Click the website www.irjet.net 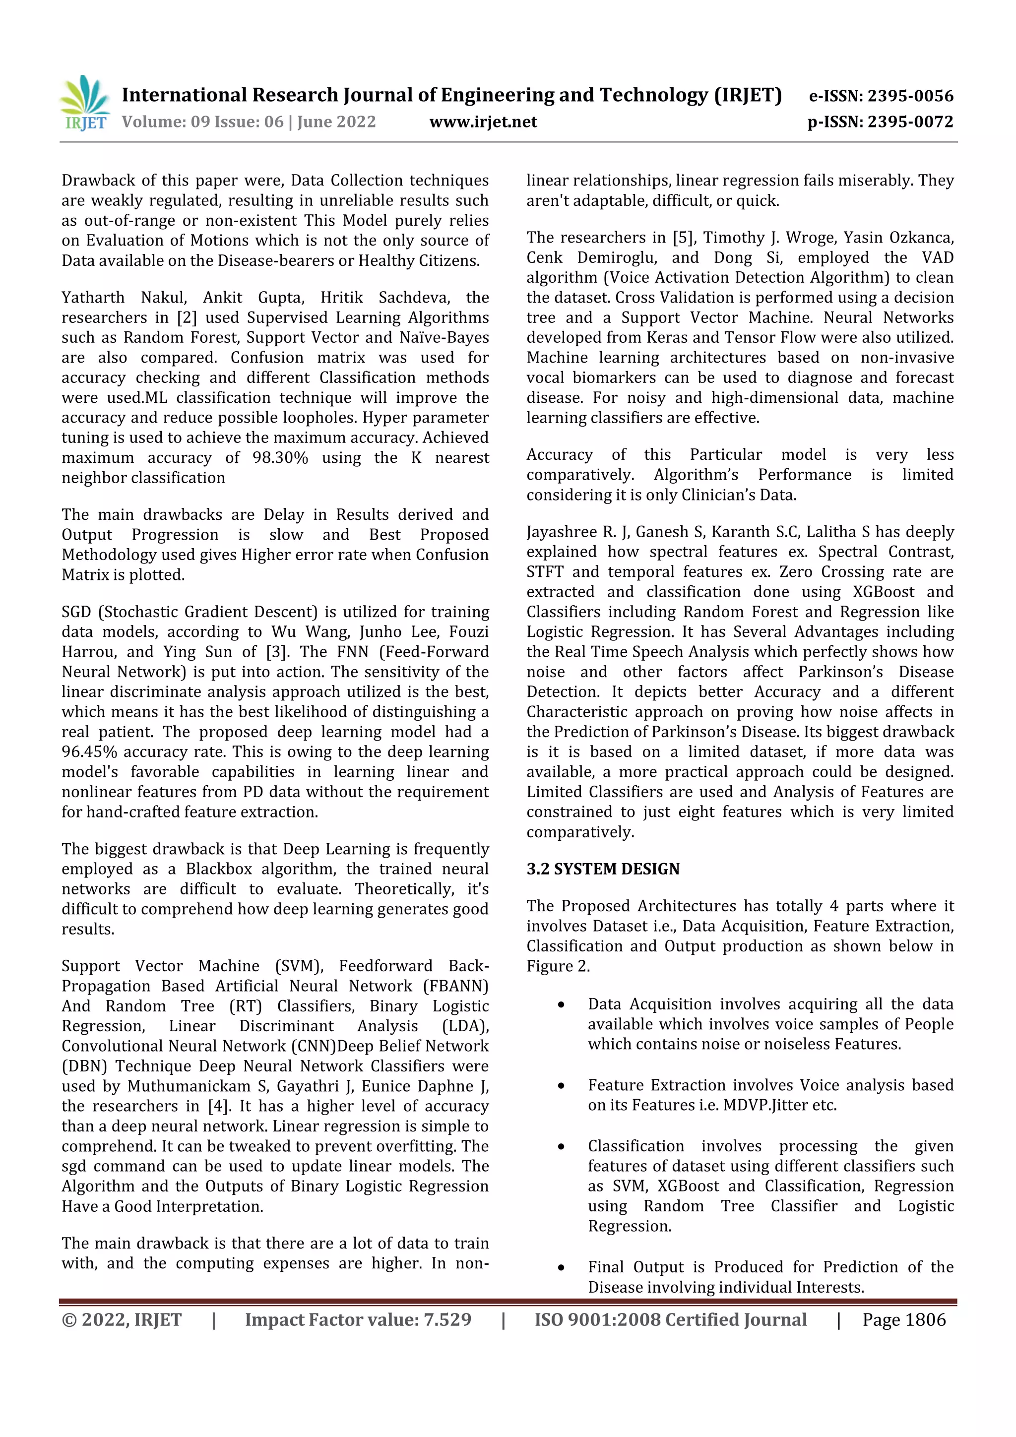tap(483, 122)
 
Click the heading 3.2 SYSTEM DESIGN tap(603, 869)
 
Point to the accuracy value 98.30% tap(280, 457)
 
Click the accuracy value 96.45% tap(89, 751)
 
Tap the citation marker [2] tap(187, 317)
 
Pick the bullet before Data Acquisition tap(561, 1005)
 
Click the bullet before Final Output tap(561, 1268)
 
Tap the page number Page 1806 tap(903, 1319)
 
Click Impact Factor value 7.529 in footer tap(358, 1319)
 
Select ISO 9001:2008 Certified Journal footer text tap(670, 1319)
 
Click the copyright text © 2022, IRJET tap(122, 1319)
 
